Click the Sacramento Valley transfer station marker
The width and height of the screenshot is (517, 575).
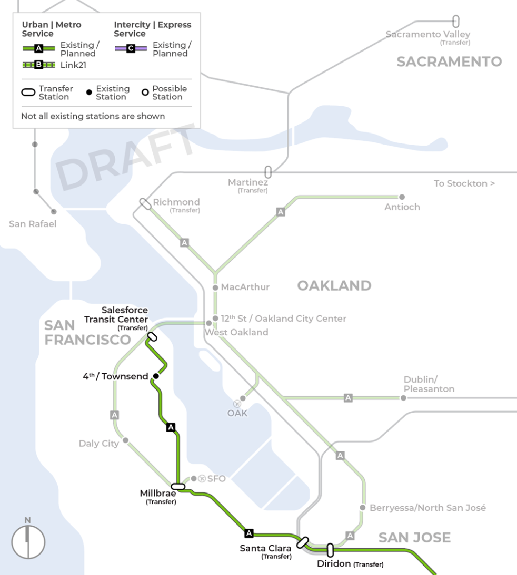456,22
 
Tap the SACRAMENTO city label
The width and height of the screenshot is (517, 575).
449,61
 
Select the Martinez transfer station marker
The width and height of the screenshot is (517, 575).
268,172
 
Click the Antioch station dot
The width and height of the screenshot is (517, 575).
402,197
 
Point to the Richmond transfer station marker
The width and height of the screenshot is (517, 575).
145,203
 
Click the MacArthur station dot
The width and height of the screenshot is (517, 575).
215,287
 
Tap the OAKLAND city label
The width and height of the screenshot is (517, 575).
334,285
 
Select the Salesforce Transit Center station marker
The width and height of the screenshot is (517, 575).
152,336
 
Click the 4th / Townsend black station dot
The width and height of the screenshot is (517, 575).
156,376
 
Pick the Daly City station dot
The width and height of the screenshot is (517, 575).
125,441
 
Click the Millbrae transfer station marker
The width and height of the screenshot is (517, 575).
178,487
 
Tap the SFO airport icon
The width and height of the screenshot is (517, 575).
202,478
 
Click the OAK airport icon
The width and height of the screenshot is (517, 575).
237,404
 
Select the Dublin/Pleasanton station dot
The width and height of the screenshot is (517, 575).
403,398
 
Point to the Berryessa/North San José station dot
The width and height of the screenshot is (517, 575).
362,508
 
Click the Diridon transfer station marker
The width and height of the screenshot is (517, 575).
330,550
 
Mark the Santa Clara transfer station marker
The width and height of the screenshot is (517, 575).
302,542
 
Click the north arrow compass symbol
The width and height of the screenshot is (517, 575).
28,541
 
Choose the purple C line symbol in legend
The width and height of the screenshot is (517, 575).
131,49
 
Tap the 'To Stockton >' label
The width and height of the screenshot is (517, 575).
464,183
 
